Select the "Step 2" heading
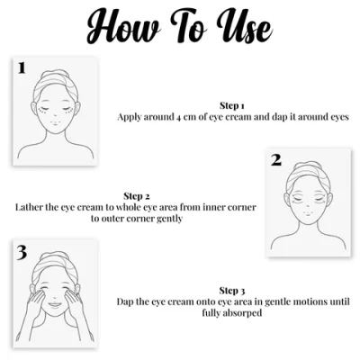[x=136, y=194]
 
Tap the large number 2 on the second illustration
[x=276, y=160]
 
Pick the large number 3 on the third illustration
[x=21, y=252]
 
